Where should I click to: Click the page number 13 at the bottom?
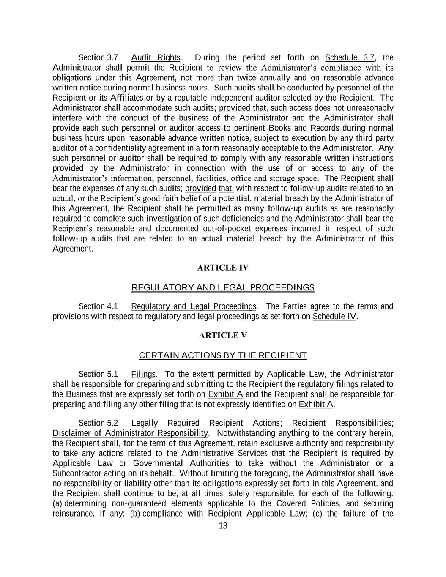click(223, 526)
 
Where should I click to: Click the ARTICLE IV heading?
click(223, 268)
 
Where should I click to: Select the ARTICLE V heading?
click(223, 335)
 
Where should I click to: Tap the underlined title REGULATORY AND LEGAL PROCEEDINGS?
click(223, 288)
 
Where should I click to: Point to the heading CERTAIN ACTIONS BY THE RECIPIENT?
click(223, 355)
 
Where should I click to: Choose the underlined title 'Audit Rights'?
click(156, 57)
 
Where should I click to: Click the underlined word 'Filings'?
click(143, 374)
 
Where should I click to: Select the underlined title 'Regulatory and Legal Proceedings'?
click(194, 306)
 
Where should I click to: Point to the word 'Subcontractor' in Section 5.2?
click(77, 473)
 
